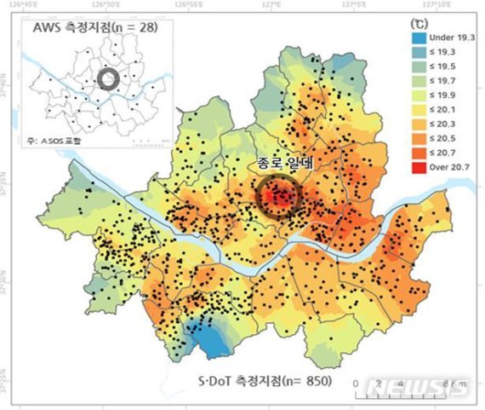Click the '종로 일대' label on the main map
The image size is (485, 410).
[281, 163]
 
